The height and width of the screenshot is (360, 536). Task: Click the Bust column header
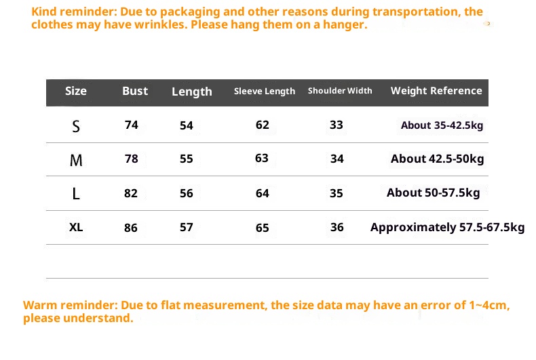[x=135, y=91]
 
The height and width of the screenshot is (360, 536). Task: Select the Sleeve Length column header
[x=265, y=91]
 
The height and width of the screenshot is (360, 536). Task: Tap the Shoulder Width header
[x=340, y=91]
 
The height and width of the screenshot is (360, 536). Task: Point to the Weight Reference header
[x=436, y=91]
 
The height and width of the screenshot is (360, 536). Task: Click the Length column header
[x=192, y=92]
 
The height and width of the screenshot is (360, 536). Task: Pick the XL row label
[x=76, y=227]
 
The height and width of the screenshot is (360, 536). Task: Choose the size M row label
[x=76, y=160]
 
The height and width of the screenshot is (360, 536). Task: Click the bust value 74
[x=132, y=125]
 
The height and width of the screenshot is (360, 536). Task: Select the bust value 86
[x=131, y=228]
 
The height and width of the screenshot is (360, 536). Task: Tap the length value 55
[x=187, y=159]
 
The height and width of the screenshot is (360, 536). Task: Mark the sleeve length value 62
[x=263, y=125]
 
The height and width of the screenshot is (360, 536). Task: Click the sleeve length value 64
[x=263, y=193]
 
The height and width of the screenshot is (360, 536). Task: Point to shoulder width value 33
[x=337, y=125]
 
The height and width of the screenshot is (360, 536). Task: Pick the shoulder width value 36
[x=337, y=227]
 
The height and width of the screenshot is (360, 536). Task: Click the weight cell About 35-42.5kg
[x=442, y=125]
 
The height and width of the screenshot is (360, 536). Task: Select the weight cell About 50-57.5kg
[x=433, y=193]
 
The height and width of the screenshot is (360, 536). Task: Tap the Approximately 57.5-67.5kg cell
[x=447, y=227]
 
